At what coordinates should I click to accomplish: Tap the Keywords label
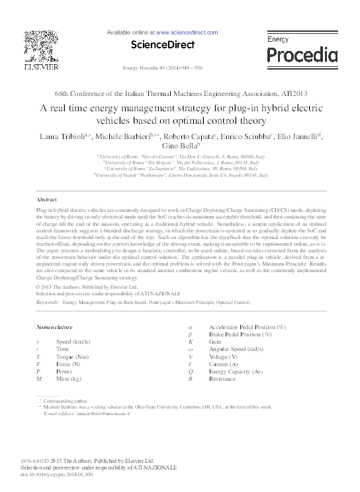(48, 301)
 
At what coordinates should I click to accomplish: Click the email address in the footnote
(103, 413)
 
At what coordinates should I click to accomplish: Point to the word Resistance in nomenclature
(224, 379)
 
